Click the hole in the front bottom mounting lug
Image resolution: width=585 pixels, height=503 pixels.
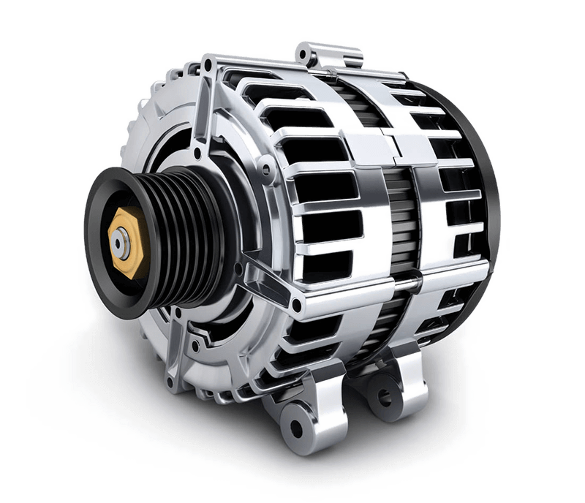(296, 427)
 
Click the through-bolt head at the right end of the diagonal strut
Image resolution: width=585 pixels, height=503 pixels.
(296, 302)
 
